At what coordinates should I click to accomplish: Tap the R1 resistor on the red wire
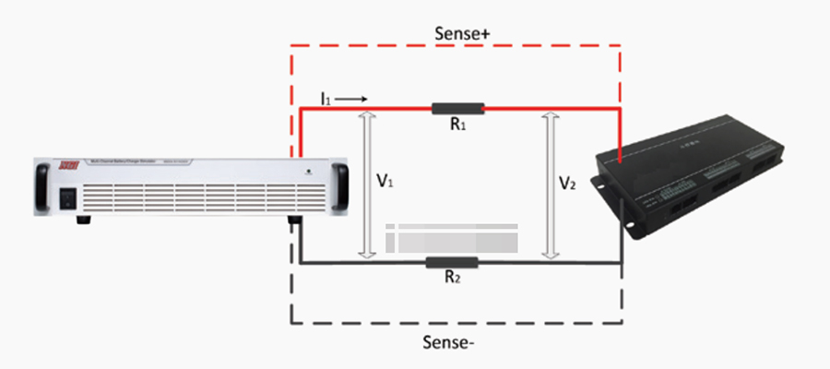458,109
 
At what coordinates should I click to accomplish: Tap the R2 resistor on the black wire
452,263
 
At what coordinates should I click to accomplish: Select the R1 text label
458,125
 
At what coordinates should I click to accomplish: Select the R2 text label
452,279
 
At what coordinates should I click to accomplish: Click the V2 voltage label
570,184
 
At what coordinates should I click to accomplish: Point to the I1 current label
326,96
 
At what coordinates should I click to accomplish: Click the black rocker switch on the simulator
68,196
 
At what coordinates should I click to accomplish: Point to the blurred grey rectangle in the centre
452,237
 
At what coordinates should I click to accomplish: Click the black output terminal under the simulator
297,222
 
